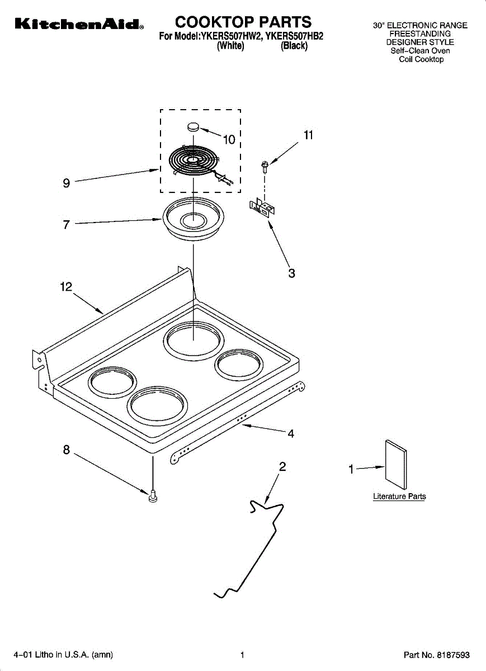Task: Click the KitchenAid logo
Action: [79, 24]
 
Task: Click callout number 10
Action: [229, 140]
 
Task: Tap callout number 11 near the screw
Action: [308, 135]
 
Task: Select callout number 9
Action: [67, 183]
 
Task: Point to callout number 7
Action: [67, 224]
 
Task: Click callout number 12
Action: [66, 287]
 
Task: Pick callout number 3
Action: [291, 273]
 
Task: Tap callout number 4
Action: [291, 433]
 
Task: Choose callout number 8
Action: [67, 450]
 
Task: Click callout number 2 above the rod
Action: [282, 466]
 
